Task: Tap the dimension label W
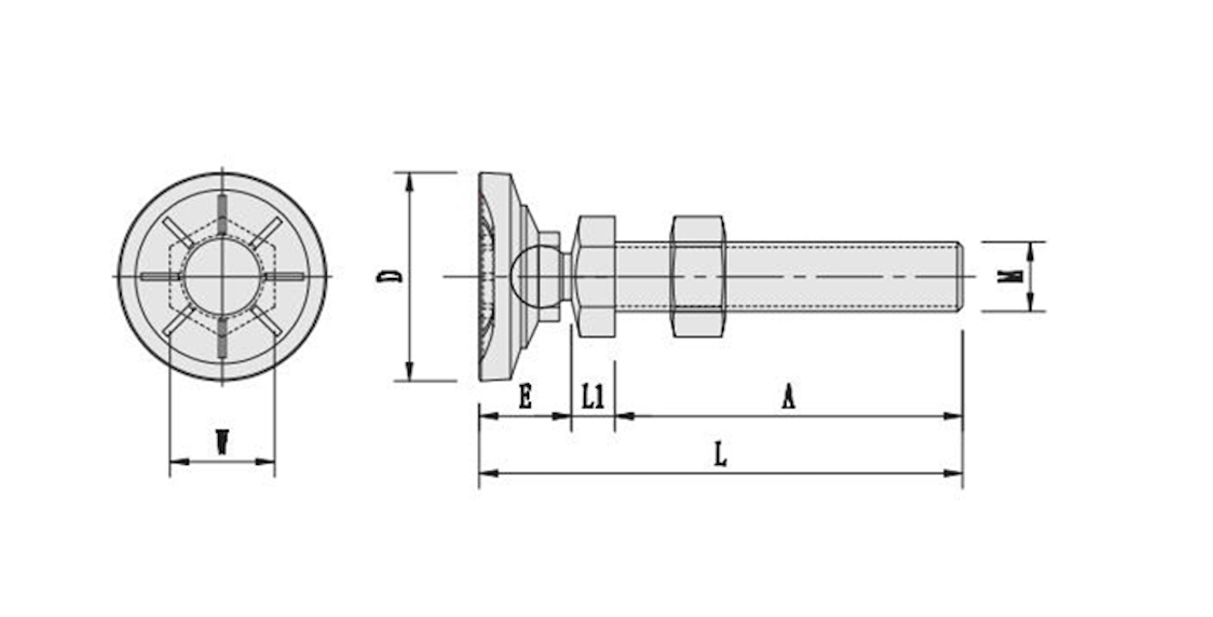[x=222, y=442]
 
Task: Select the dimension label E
[x=526, y=396]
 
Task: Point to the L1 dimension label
[x=593, y=396]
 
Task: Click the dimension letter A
[x=788, y=396]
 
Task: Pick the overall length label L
[x=720, y=454]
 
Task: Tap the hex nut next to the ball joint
[x=594, y=276]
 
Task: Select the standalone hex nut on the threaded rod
[x=698, y=276]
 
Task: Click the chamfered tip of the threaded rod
[x=959, y=276]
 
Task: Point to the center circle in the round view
[x=222, y=276]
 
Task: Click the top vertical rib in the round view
[x=222, y=215]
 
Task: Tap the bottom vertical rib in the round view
[x=222, y=338]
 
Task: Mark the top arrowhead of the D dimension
[x=409, y=182]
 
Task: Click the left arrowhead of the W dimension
[x=179, y=462]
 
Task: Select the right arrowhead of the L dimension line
[x=953, y=474]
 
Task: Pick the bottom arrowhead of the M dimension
[x=1030, y=302]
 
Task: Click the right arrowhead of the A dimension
[x=953, y=416]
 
